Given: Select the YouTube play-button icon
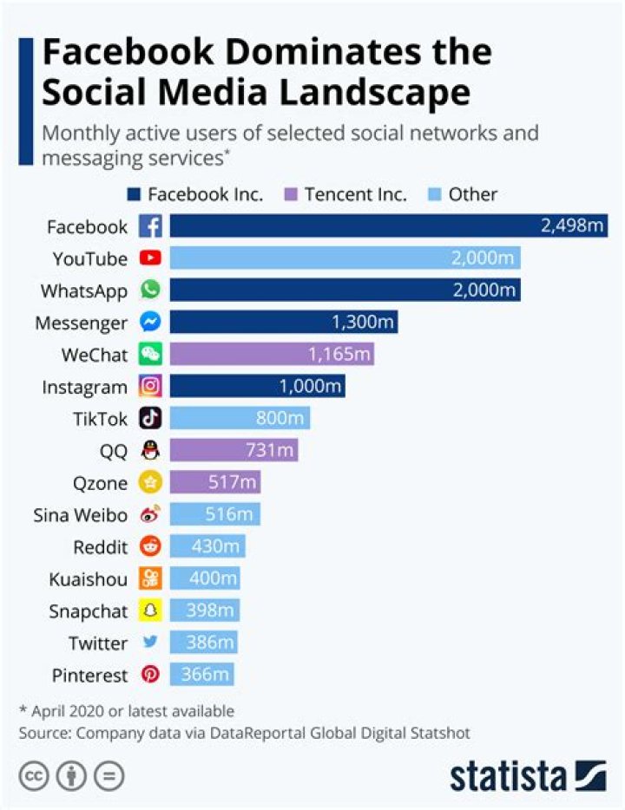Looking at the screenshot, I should coord(151,258).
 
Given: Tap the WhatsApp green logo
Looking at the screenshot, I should coord(151,291).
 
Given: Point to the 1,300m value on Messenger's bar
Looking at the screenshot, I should coord(363,323).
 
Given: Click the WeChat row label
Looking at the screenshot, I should coord(94,355).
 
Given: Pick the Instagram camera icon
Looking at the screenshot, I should coord(151,387).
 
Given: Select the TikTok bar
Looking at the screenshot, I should coord(239,419).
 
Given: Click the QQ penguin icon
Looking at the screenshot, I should coord(151,451).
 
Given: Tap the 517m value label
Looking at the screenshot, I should coord(232,483).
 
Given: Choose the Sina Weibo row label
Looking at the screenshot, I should coord(80,515).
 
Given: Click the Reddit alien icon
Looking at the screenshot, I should coord(151,547).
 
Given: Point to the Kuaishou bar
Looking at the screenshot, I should coord(205,578).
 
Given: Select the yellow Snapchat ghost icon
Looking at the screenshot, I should coord(151,611).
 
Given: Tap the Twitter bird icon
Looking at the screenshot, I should coord(151,643).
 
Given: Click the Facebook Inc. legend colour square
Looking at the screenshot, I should coord(135,194).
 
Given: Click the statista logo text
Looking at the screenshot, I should coord(507,774).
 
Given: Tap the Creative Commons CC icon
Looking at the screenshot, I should coord(34,774).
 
